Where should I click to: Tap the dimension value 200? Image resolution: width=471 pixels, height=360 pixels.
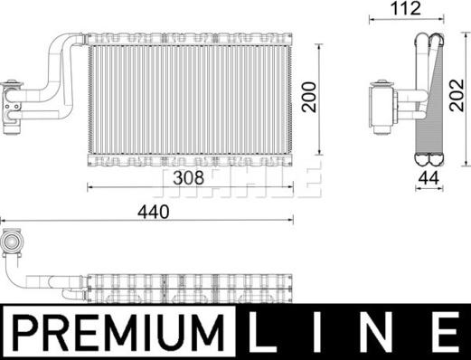310,99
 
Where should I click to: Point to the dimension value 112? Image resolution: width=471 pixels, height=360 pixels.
404,12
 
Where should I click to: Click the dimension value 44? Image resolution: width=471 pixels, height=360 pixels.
428,177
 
